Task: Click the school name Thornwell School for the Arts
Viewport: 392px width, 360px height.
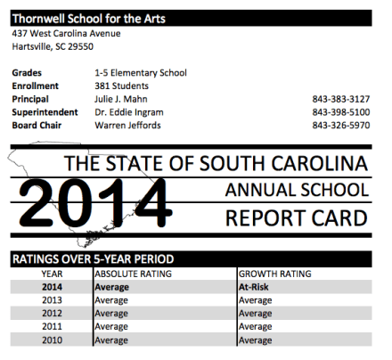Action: click(x=88, y=18)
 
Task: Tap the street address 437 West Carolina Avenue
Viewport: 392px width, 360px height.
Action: click(x=66, y=33)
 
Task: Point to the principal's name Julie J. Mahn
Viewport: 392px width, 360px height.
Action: click(x=120, y=99)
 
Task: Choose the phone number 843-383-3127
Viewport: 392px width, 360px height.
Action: click(x=341, y=99)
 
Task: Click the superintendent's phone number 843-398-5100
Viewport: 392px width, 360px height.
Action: click(x=341, y=112)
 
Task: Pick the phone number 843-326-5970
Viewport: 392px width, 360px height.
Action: click(x=341, y=126)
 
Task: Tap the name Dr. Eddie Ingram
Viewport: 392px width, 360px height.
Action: click(x=128, y=112)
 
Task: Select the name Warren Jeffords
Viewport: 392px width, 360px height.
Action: click(x=127, y=126)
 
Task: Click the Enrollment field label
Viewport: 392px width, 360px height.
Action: click(x=35, y=86)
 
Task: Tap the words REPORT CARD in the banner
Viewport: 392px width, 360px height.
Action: click(x=296, y=217)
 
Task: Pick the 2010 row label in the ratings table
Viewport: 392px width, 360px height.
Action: click(x=53, y=340)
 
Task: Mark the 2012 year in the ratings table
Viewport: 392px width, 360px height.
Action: click(x=53, y=314)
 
